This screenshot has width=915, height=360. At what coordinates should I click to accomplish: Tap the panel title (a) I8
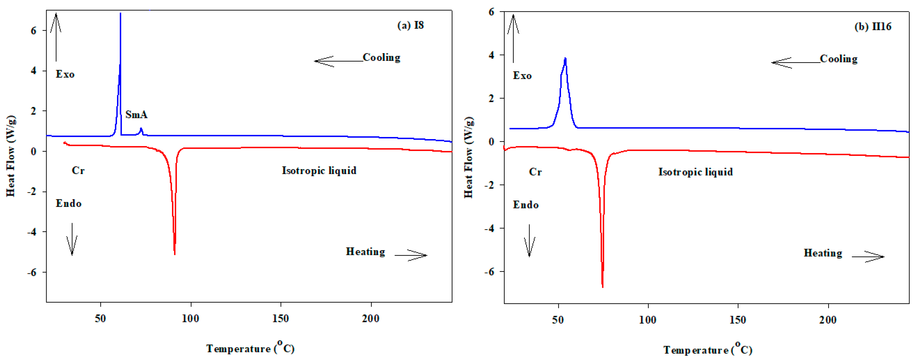pos(410,25)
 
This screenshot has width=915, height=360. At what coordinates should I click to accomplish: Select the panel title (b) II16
pos(872,27)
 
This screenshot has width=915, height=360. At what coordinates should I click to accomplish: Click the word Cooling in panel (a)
pos(381,57)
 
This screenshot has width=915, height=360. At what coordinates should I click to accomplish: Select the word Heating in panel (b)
pos(823,253)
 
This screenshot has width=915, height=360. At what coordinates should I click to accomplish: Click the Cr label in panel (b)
pos(535,172)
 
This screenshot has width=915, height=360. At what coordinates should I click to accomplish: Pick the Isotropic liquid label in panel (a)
pos(319,171)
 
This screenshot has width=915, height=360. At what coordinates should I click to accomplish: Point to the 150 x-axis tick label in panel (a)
pos(281,318)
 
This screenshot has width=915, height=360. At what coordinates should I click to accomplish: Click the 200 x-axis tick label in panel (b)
pos(828,320)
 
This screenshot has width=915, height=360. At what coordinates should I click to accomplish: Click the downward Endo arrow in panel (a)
pos(72,239)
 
